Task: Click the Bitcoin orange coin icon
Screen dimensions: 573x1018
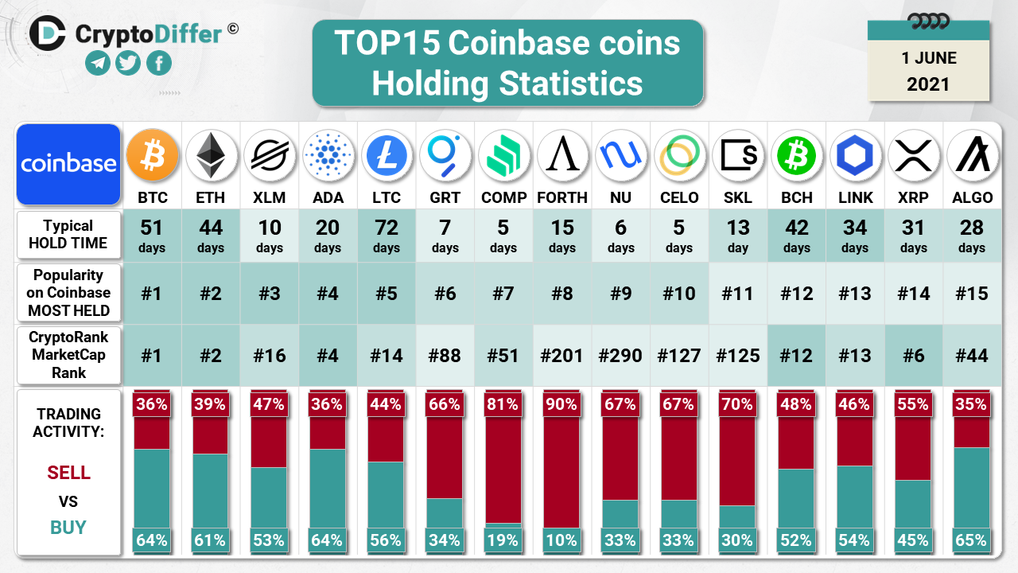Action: [152, 155]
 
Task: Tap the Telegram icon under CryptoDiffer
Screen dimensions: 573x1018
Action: [98, 63]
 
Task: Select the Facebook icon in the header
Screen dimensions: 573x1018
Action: [158, 63]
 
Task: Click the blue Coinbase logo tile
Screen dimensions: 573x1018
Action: [68, 164]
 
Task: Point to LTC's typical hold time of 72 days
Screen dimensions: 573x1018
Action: [387, 235]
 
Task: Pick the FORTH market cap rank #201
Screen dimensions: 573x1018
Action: [561, 355]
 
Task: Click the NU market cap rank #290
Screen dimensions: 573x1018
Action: [620, 355]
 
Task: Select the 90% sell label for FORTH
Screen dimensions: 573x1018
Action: [561, 404]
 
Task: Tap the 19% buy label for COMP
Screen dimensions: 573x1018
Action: [503, 540]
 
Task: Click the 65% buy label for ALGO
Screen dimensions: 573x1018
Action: [972, 540]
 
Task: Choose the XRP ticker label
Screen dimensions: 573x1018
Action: [913, 197]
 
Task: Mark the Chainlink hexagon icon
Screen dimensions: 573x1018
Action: [855, 155]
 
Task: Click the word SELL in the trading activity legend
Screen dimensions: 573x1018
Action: [69, 473]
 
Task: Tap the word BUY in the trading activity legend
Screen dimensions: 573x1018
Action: [68, 528]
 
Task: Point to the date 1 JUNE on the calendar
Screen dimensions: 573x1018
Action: [929, 58]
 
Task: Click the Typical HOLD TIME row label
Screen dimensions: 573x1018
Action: [68, 234]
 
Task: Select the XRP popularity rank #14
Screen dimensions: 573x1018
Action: [913, 294]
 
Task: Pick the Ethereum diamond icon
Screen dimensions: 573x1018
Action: [211, 155]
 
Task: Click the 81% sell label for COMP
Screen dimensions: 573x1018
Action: [503, 404]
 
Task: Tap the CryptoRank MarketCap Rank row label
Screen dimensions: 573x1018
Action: [68, 354]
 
